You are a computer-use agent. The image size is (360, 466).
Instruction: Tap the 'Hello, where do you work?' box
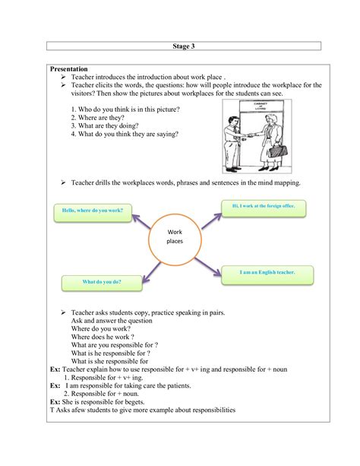click(x=92, y=210)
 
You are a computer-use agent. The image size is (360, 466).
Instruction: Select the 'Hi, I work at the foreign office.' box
click(x=263, y=206)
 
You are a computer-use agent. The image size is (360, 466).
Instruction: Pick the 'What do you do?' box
click(x=102, y=282)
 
